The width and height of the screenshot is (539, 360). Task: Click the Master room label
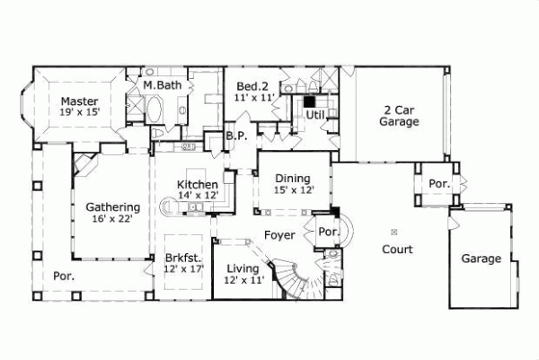(x=79, y=101)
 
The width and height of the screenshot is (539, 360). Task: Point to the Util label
(x=314, y=115)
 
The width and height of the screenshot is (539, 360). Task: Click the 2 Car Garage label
(x=397, y=113)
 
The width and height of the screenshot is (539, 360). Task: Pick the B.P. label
(x=236, y=136)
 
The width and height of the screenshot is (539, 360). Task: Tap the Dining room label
(x=292, y=178)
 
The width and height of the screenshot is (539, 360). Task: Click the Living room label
(x=243, y=268)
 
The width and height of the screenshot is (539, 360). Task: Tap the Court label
(x=396, y=249)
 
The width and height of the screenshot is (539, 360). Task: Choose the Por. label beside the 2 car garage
(x=438, y=183)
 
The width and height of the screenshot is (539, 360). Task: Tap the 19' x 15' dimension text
(x=79, y=112)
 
